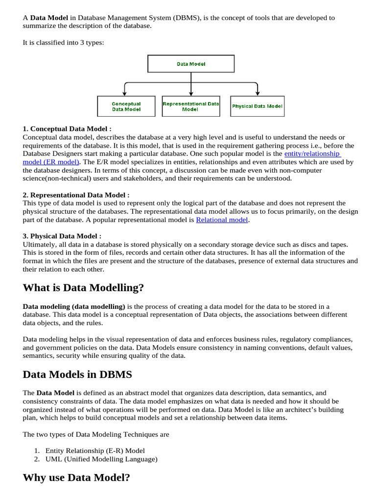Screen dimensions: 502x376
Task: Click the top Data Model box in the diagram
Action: tap(191, 64)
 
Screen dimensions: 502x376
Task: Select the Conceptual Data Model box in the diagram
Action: tap(126, 106)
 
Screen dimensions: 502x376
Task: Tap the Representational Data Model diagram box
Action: tap(191, 106)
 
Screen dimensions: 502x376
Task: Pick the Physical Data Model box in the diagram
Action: tap(257, 106)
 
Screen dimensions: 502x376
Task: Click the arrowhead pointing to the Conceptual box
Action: tap(125, 93)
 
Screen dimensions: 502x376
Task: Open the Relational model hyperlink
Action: tap(222, 220)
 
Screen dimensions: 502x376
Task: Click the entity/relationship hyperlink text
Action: tap(312, 153)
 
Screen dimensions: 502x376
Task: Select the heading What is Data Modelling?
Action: tap(83, 288)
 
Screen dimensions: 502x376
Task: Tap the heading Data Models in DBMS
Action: tap(77, 375)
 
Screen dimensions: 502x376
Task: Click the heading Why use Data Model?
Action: tap(76, 477)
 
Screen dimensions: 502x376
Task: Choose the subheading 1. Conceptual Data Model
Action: tap(64, 129)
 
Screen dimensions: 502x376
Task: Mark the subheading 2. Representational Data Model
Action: tap(76, 195)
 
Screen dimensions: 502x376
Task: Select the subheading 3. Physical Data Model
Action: tap(62, 236)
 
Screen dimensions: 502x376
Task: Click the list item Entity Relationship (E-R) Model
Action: tap(95, 451)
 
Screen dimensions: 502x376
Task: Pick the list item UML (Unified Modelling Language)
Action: tap(101, 459)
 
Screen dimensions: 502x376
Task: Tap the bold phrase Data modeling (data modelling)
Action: tap(74, 306)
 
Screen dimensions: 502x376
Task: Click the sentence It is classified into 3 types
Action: tap(63, 43)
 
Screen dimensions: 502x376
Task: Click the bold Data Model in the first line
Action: tap(49, 18)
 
